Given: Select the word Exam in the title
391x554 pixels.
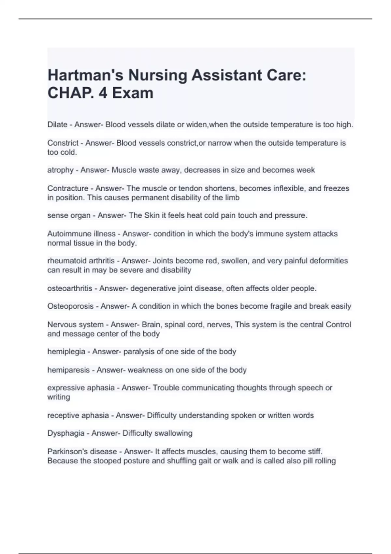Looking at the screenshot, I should [x=133, y=93].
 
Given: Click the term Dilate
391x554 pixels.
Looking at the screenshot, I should [x=57, y=125].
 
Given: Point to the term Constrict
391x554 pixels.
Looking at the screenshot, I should [x=63, y=143].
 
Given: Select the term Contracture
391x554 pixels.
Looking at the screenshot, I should [x=68, y=188].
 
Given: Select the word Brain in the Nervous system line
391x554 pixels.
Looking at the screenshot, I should [x=152, y=325].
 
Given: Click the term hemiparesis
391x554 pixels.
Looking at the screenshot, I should [x=68, y=370].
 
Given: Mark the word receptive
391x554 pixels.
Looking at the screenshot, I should [x=63, y=415].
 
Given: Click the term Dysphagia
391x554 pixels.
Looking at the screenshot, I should [x=65, y=433].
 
